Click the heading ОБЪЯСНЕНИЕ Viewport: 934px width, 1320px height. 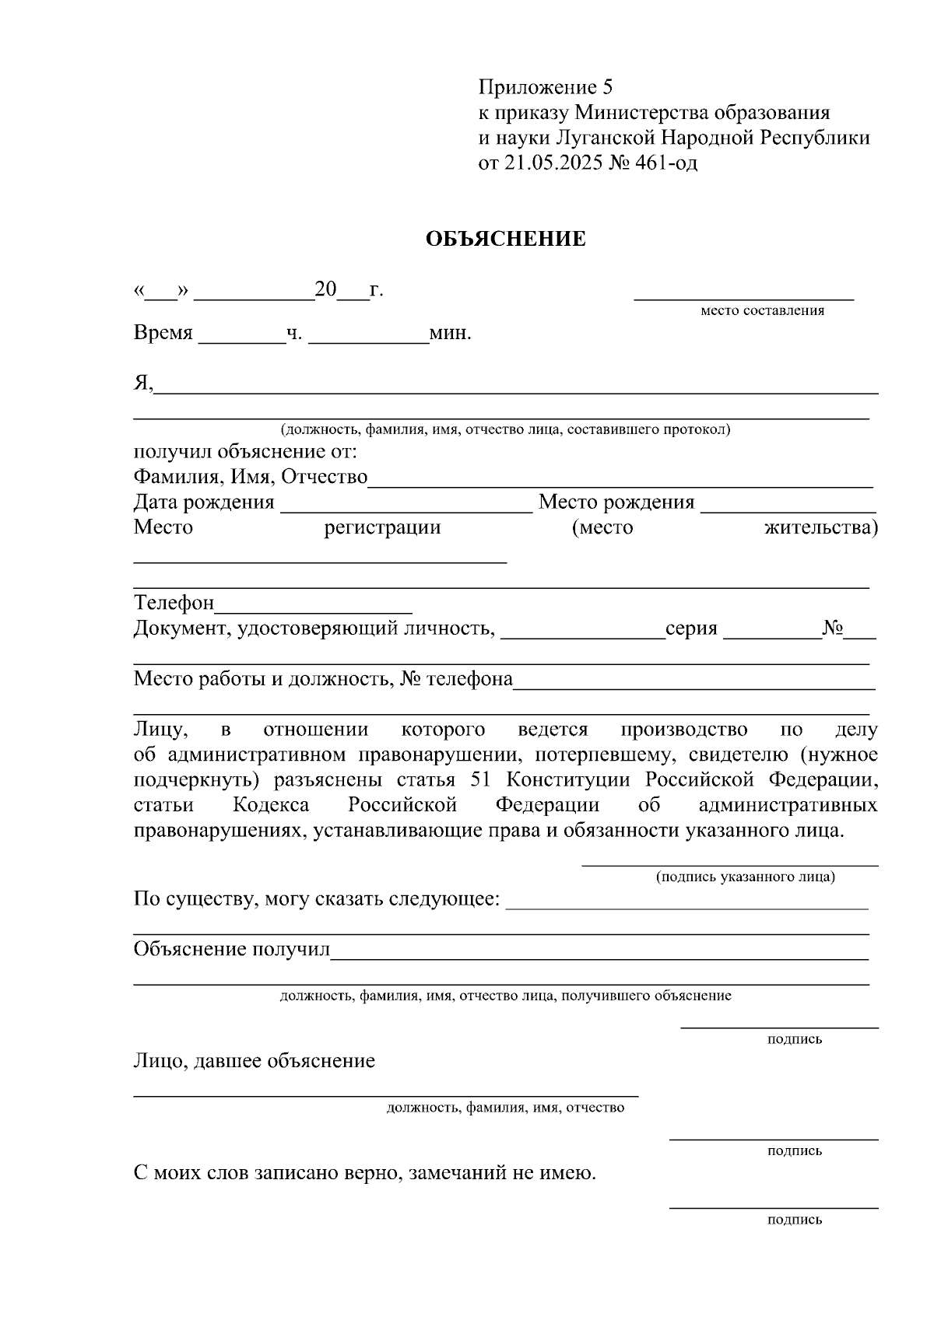click(505, 239)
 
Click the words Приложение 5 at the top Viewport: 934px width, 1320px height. click(546, 86)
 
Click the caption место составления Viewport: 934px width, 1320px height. click(762, 311)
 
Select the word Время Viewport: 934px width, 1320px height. click(163, 333)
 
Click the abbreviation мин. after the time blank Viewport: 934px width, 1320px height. click(451, 334)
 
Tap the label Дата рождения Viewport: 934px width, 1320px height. click(204, 502)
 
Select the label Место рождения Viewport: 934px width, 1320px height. click(616, 502)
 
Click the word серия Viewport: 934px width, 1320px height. click(691, 628)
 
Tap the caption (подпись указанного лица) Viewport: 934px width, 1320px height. click(745, 877)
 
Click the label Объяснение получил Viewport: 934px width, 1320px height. click(232, 949)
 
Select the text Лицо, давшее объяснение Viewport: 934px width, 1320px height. click(254, 1061)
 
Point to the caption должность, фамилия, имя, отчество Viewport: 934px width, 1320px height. click(505, 1107)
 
